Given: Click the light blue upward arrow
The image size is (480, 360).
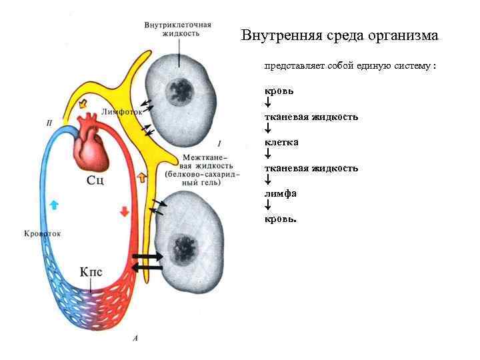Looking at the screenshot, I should tap(55, 205).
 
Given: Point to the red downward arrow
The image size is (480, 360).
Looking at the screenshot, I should tap(124, 211).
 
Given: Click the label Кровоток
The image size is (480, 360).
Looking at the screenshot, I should tap(42, 234).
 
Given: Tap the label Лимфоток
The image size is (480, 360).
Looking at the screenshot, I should tap(123, 112).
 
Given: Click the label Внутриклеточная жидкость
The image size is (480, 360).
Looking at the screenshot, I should tap(178, 29).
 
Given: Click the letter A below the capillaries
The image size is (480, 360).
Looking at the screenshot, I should tap(135, 339).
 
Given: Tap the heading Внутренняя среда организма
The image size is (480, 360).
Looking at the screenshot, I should tap(339, 35).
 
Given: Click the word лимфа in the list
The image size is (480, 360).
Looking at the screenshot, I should tap(281, 193).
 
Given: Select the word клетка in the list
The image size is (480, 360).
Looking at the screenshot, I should tap(281, 142).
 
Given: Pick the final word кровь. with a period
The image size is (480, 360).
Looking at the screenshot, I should tap(281, 219).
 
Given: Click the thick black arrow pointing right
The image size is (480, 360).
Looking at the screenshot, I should tap(149, 257).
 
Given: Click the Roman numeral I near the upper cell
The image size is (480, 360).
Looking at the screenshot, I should tap(219, 143).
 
